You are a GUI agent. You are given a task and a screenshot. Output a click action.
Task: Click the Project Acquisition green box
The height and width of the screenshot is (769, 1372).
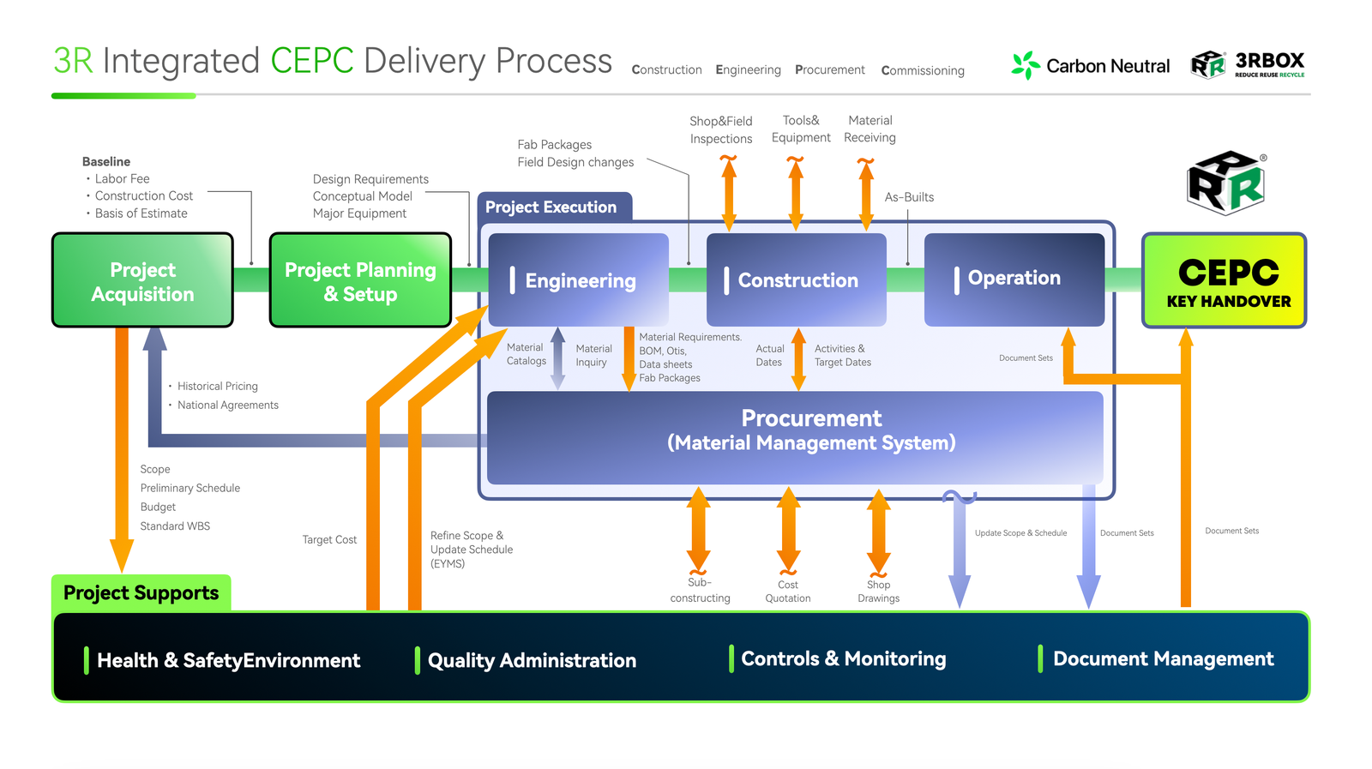[x=142, y=280]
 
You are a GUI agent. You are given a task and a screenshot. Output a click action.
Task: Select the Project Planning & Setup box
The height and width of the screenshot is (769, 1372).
[x=360, y=280]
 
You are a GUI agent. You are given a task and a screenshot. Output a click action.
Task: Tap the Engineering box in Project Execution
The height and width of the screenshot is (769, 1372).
[x=579, y=279]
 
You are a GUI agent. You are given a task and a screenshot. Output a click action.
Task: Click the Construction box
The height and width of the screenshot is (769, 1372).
[x=796, y=279]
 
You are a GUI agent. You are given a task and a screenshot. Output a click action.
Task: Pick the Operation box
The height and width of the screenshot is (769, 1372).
[x=1014, y=279]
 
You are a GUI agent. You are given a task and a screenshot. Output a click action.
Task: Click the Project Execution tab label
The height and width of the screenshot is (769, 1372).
[x=551, y=207]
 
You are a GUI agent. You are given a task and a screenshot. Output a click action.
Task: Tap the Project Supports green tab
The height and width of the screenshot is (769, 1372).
[x=141, y=592]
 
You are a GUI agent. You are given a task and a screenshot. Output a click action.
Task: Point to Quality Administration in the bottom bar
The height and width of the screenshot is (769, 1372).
[x=532, y=660]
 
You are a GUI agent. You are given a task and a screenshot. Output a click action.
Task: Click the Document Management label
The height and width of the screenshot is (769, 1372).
[x=1163, y=658]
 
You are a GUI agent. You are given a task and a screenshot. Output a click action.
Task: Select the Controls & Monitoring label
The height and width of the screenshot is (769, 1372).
[x=843, y=658]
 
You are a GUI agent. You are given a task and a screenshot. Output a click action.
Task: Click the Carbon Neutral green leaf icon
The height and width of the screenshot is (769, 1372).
[x=1025, y=65]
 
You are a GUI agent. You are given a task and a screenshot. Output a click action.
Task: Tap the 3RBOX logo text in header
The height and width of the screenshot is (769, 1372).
[x=1269, y=62]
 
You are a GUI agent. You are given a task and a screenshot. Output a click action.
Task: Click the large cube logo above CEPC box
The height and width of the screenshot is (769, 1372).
[x=1226, y=183]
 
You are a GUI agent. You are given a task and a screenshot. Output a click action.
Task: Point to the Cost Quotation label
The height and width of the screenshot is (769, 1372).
[x=787, y=592]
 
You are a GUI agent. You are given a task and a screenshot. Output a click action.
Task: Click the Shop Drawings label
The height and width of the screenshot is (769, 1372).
[x=878, y=592]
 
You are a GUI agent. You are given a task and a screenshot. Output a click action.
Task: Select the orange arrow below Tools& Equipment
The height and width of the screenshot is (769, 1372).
[x=796, y=194]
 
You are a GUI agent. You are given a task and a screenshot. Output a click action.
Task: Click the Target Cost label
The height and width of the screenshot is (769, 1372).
[x=329, y=539]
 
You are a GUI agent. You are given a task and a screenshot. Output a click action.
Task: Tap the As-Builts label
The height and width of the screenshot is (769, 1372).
[x=909, y=197]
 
